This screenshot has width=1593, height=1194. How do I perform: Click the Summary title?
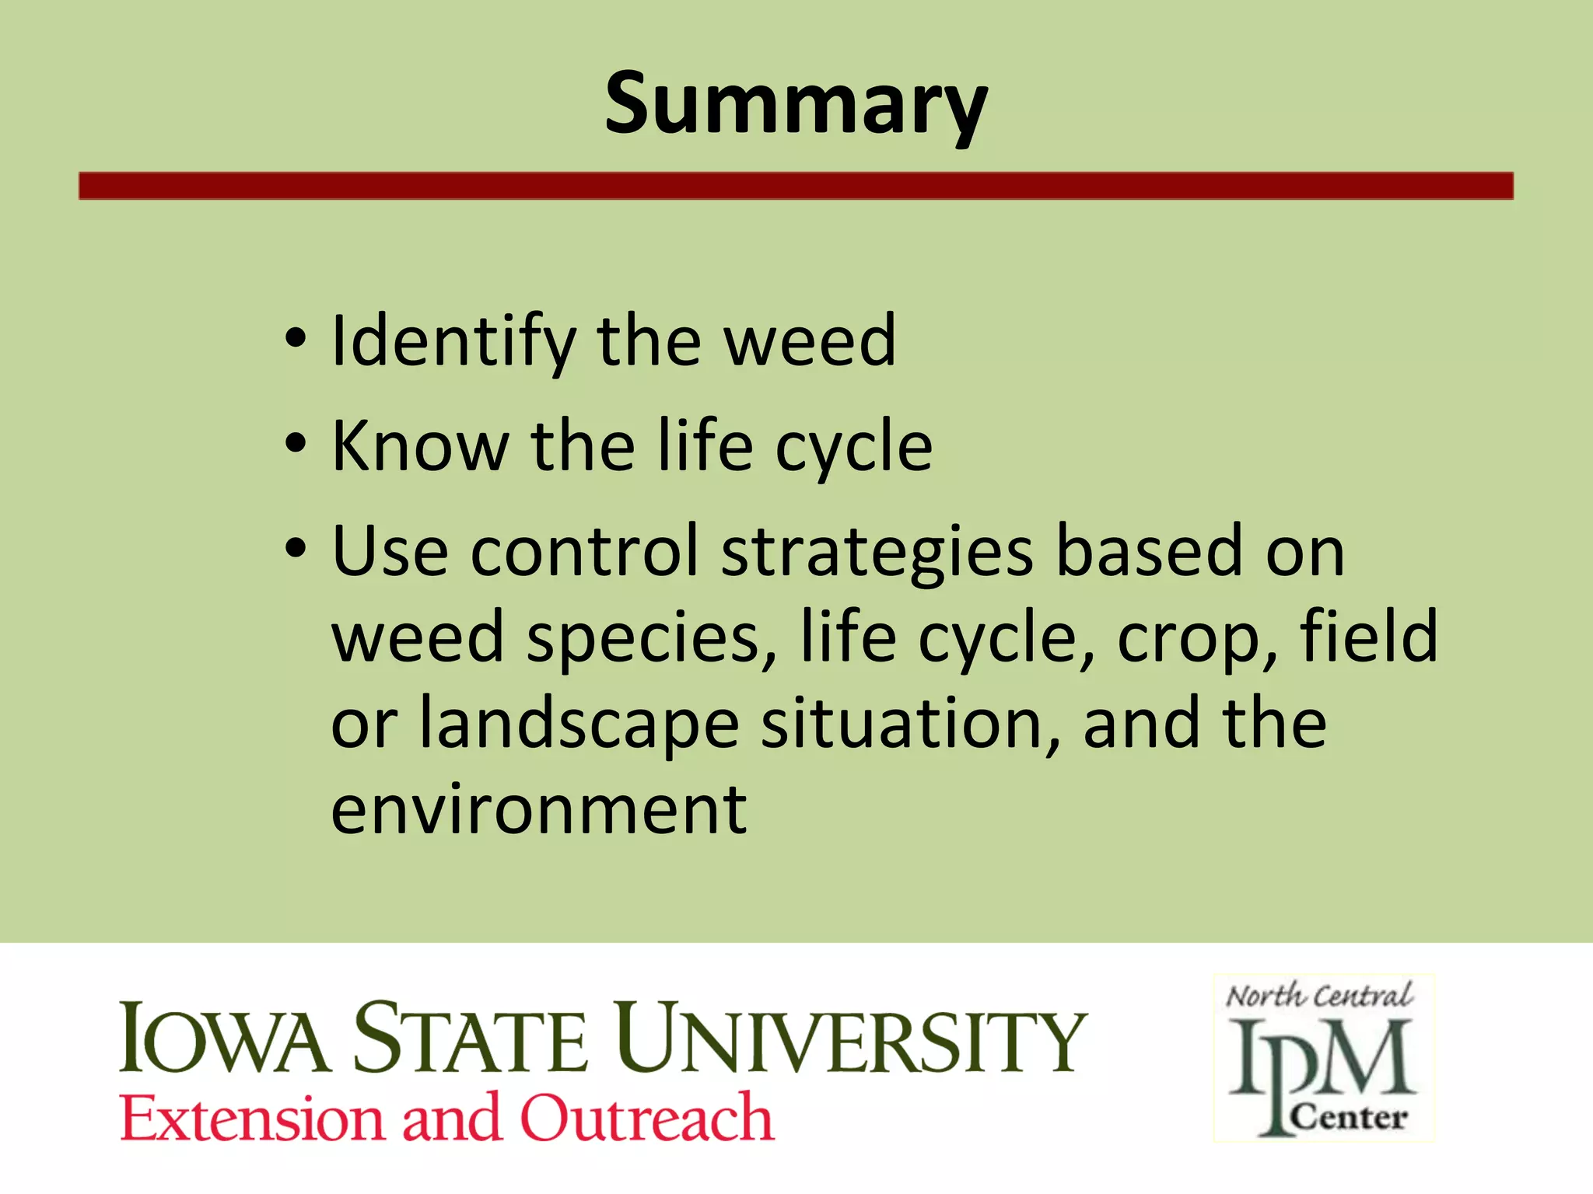pyautogui.click(x=796, y=105)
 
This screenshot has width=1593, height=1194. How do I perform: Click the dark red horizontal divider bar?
pyautogui.click(x=796, y=186)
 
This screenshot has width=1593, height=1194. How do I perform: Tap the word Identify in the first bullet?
pyautogui.click(x=453, y=342)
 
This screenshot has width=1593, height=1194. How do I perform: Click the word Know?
pyautogui.click(x=420, y=446)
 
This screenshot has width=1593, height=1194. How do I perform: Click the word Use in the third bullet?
pyautogui.click(x=390, y=551)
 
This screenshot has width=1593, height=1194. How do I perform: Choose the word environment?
pyautogui.click(x=539, y=810)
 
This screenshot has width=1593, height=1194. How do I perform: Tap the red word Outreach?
pyautogui.click(x=646, y=1118)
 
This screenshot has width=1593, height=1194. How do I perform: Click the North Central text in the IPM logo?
pyautogui.click(x=1319, y=996)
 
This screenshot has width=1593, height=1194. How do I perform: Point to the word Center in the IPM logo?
pyautogui.click(x=1349, y=1118)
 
